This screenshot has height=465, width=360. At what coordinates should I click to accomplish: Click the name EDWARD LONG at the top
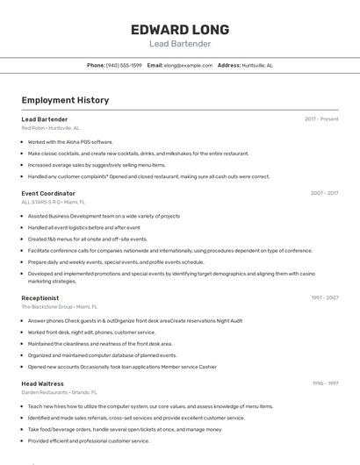[180, 29]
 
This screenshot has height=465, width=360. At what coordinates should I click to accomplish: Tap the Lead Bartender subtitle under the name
[180, 44]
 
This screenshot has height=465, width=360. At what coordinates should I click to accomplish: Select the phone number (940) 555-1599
[124, 65]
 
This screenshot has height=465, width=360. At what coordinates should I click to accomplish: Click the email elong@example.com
[188, 65]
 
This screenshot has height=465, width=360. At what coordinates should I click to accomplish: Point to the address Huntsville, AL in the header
[257, 65]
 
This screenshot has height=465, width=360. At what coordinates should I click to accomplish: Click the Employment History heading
[65, 100]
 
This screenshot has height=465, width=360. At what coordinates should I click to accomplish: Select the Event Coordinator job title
[48, 193]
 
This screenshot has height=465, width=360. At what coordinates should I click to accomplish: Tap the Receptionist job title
[40, 297]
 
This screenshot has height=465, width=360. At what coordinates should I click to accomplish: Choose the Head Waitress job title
[43, 383]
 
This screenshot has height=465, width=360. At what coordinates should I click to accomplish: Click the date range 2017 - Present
[321, 118]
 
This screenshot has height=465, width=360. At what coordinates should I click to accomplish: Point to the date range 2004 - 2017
[324, 193]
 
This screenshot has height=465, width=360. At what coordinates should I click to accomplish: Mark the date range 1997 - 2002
[324, 297]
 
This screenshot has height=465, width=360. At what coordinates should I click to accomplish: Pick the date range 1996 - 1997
[325, 383]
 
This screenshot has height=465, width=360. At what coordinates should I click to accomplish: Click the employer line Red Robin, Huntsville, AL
[50, 127]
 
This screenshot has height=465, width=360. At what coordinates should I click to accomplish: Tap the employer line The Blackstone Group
[60, 307]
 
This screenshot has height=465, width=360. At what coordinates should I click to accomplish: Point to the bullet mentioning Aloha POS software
[70, 141]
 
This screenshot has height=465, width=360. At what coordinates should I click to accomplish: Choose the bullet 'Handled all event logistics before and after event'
[83, 227]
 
